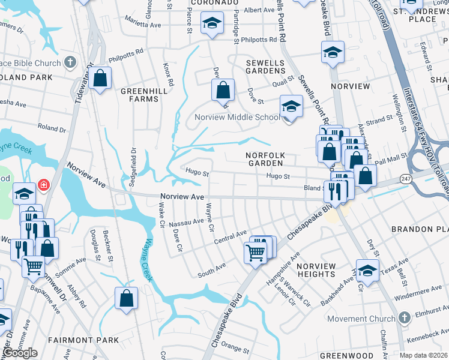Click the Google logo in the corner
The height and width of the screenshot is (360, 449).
pyautogui.click(x=20, y=353)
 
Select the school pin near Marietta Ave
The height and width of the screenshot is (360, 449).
pyautogui.click(x=211, y=24)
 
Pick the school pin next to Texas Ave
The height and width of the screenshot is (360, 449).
pyautogui.click(x=367, y=269)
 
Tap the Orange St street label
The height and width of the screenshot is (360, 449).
pyautogui.click(x=235, y=348)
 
